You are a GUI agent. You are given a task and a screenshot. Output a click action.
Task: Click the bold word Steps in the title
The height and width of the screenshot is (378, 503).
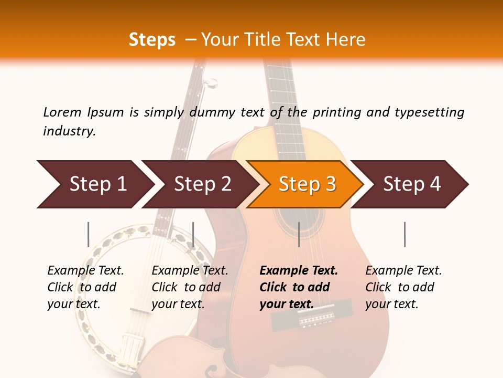coord(152,39)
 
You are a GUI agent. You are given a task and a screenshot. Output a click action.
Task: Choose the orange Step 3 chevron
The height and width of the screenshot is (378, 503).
coord(307,184)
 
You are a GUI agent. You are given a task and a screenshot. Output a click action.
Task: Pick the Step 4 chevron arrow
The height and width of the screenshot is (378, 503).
coord(412,184)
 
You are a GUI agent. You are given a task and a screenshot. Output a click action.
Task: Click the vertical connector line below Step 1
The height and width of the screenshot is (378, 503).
coord(89,234)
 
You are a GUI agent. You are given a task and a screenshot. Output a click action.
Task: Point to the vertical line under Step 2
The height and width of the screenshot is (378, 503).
coord(193,234)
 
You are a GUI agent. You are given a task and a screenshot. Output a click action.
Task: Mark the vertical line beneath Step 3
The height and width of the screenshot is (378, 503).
coord(299,234)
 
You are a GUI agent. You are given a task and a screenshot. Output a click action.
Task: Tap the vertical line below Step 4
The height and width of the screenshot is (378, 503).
coord(404,234)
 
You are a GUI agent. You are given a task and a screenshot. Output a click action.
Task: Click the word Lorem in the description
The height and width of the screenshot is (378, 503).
coord(62,112)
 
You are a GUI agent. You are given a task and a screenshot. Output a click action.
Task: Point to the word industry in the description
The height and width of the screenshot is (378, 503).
coord(69,131)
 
